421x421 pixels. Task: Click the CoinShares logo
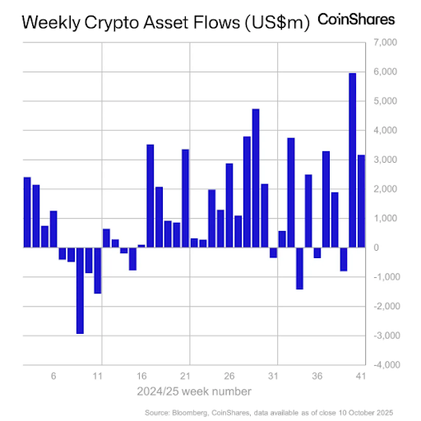point(355,19)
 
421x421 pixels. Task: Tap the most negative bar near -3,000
point(80,290)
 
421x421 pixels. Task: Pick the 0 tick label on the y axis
point(377,248)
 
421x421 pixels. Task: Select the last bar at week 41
point(361,201)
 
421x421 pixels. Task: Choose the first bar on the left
point(27,212)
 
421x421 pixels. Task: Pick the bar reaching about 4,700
point(256,178)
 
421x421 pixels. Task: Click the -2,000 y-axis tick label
point(385,306)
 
